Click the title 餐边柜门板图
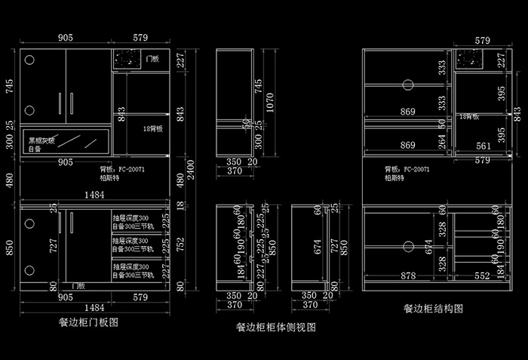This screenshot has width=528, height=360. point(89,322)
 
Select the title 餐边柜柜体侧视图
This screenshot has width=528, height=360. point(275,328)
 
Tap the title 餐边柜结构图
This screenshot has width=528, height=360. point(433,309)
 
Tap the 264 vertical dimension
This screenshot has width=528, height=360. point(442,141)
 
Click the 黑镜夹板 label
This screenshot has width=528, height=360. point(41,140)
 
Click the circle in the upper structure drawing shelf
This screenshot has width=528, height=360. point(407,85)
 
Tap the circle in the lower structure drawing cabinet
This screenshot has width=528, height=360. point(407,246)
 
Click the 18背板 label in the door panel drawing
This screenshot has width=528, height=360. point(153,129)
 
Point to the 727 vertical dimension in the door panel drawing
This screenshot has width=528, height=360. point(52,245)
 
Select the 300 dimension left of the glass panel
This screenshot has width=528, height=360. point(9,142)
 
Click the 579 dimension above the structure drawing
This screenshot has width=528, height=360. point(483,39)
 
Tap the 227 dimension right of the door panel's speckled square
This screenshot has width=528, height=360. point(180,60)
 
